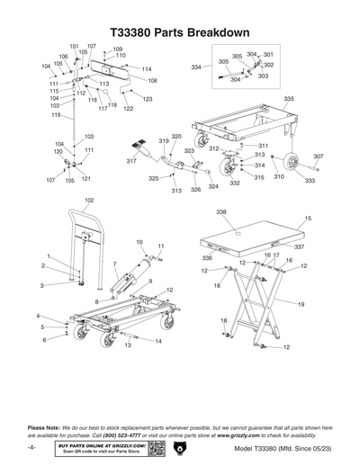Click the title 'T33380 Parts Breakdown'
[x=179, y=31]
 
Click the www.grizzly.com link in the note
[x=245, y=434]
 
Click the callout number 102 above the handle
[x=88, y=200]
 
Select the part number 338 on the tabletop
[x=220, y=212]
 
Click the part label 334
[x=195, y=67]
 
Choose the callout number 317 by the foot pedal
[x=131, y=161]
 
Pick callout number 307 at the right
[x=318, y=156]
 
